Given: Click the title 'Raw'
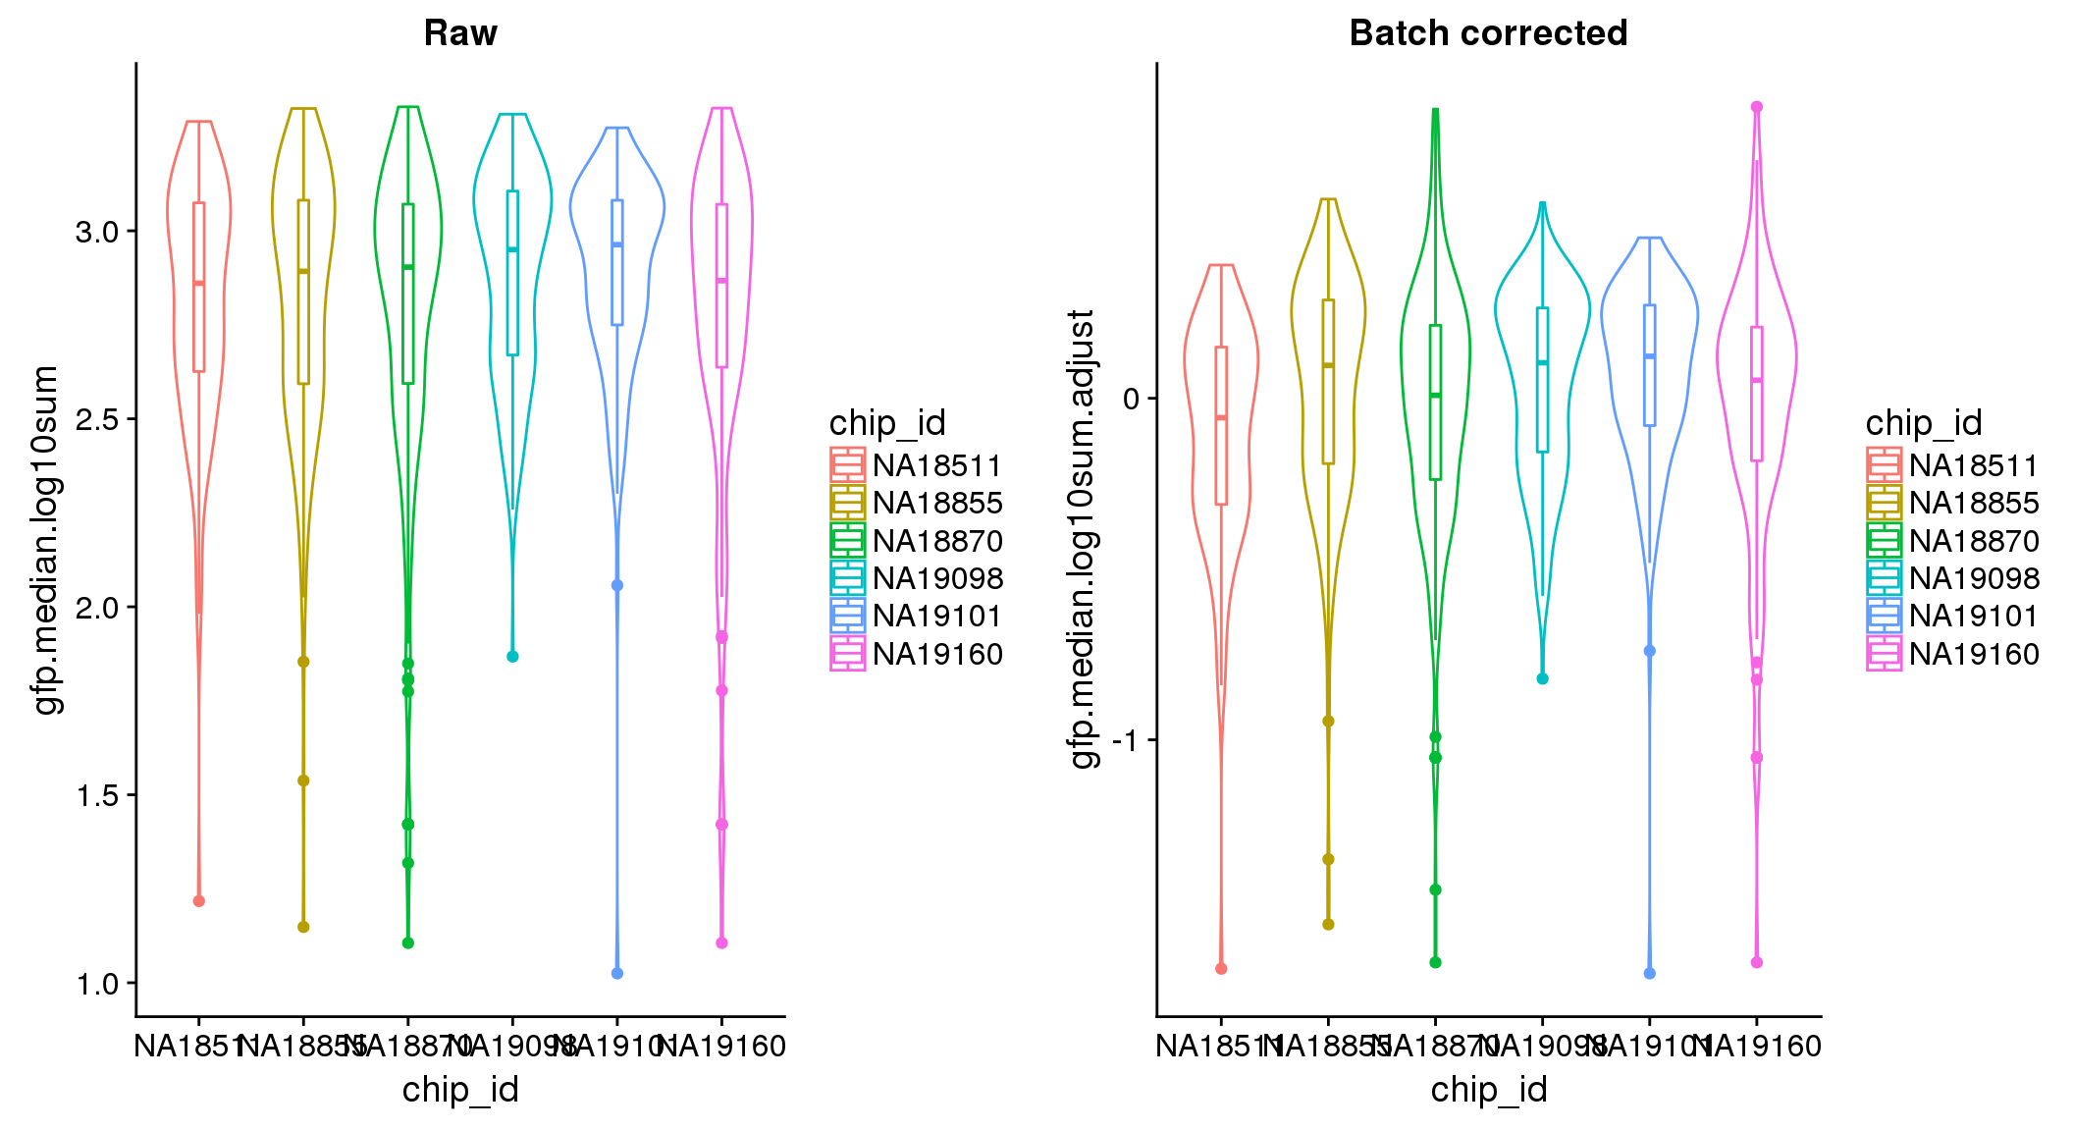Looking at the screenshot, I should coord(460,33).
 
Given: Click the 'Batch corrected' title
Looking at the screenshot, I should coord(1488,33).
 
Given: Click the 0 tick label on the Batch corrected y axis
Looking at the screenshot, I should coord(1132,399).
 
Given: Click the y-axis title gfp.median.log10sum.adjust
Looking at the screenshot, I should coord(1082,540).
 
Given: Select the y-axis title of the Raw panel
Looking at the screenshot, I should coord(46,540).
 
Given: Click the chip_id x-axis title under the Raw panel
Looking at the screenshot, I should coord(460,1090).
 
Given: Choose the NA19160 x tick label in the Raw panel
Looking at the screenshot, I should coord(723,1047).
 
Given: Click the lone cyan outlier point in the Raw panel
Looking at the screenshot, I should coord(512,657).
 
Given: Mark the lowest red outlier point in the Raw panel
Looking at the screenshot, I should coord(199,901).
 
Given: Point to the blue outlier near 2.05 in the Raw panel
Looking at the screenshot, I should coord(617,585).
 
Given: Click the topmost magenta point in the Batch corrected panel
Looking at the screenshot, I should coord(1757,107).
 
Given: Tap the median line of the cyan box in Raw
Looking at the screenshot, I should coord(512,249).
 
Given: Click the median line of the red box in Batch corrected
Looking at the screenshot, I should coord(1221,418).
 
